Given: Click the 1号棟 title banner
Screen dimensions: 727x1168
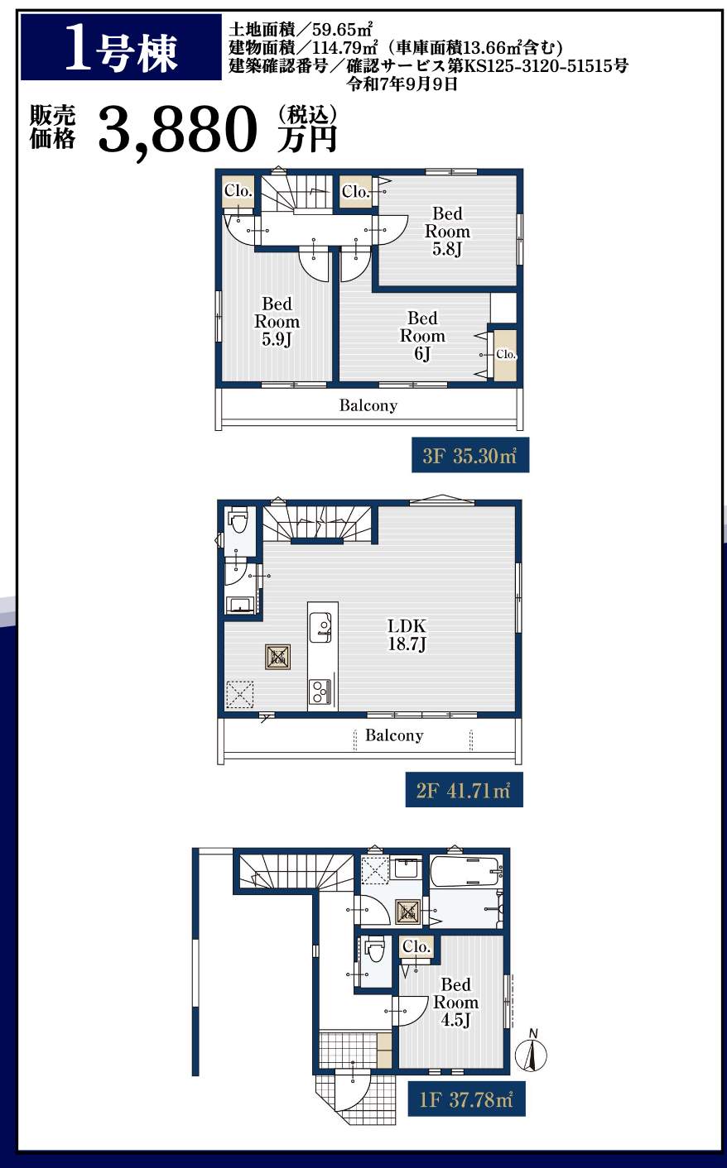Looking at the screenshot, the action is point(121,47).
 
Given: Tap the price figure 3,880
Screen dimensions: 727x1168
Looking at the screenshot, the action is point(178,129).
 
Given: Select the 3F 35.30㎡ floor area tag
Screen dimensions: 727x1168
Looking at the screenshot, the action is point(470,455).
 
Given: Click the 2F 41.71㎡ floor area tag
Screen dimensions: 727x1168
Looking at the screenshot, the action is point(464,791).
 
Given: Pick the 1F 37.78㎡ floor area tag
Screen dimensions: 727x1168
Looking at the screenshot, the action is point(466,1099).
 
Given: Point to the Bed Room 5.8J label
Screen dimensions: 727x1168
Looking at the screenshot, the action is point(447,231).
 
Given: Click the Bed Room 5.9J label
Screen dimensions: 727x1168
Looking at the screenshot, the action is point(277,321).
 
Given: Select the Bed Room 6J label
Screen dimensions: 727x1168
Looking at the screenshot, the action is point(422,335).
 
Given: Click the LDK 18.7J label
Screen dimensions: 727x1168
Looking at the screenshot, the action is point(407,634).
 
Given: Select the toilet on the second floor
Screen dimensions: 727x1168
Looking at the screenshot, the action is point(239,520).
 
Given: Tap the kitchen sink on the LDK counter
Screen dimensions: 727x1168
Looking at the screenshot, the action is point(320,628).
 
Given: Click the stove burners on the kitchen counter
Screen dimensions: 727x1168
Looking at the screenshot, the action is point(320,692).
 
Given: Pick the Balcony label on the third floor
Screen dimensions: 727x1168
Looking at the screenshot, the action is point(368,405).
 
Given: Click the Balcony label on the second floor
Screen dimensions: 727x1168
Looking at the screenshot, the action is point(394,735).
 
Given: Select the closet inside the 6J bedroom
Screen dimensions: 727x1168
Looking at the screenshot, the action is point(505,355).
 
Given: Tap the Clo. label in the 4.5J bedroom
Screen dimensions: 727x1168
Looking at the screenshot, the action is point(416,946).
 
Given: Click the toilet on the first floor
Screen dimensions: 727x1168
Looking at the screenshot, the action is point(375,951).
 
